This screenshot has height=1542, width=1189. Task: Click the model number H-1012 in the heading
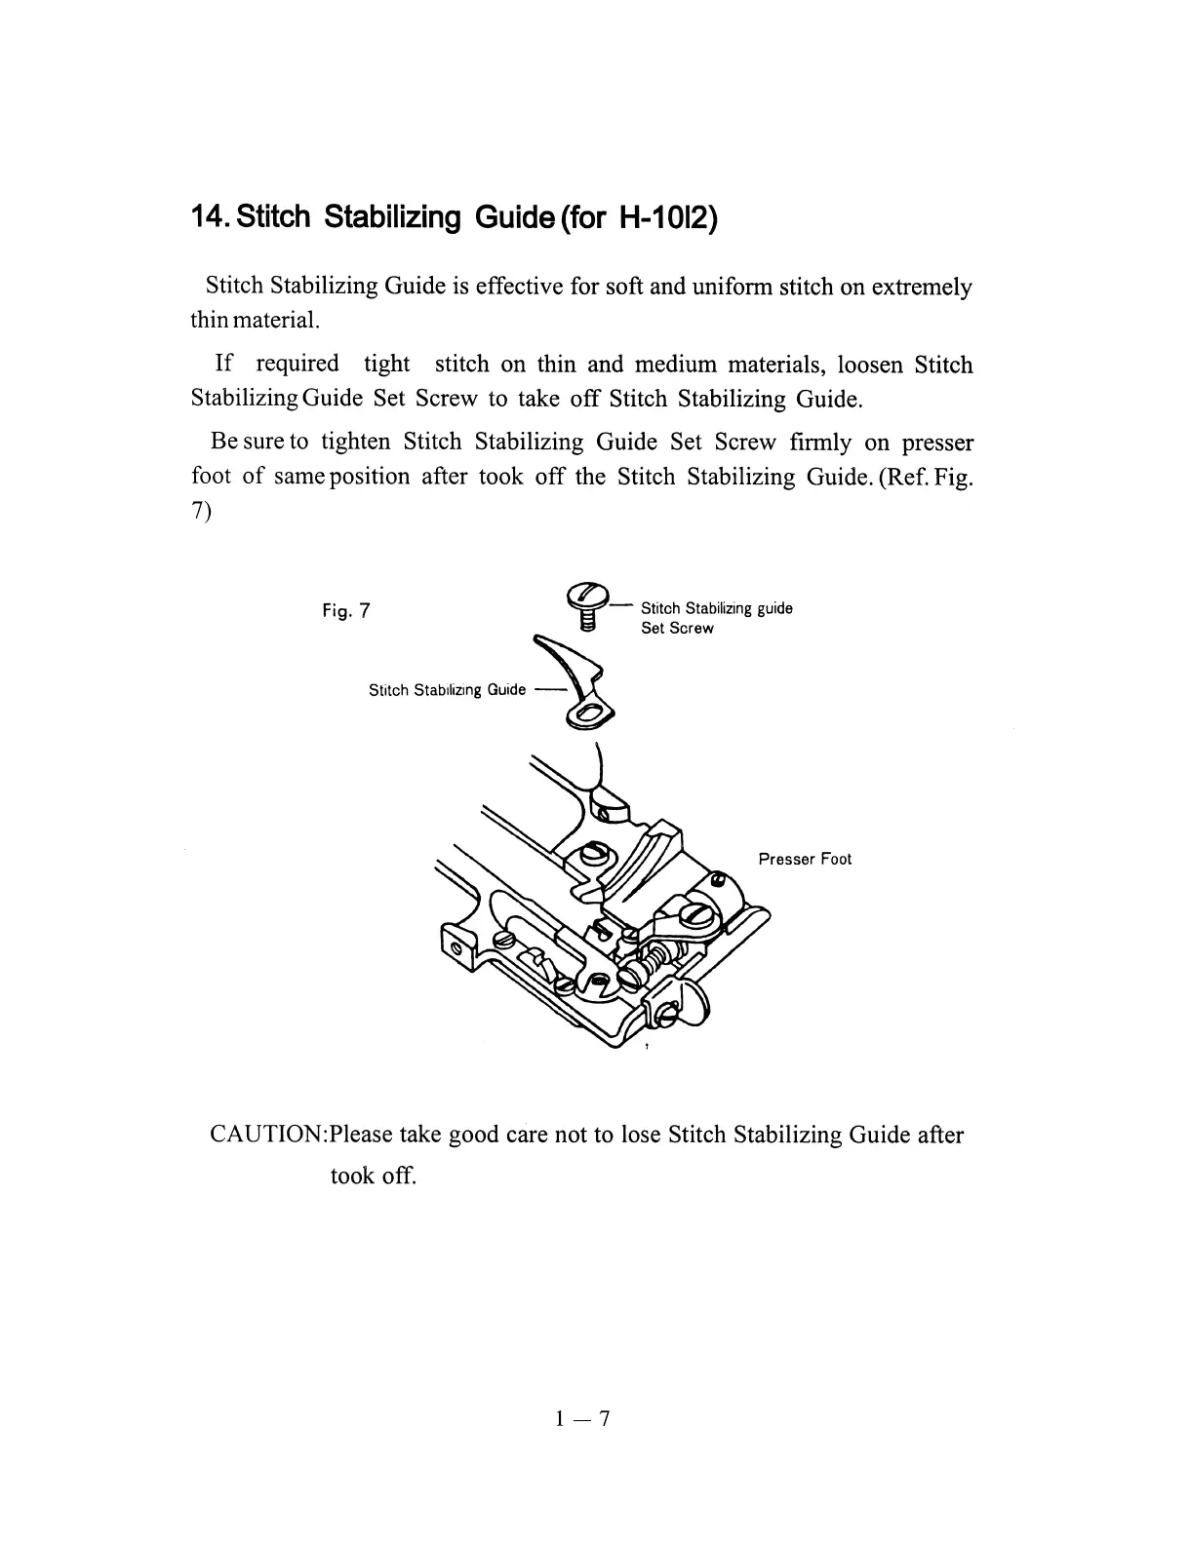coord(668,216)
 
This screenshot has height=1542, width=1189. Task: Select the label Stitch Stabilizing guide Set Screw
coord(716,618)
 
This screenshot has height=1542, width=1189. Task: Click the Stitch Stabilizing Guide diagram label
coord(447,690)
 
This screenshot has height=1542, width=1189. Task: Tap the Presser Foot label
coord(805,859)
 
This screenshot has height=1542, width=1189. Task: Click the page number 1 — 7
coord(581,1418)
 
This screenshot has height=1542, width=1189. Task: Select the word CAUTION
coord(268,1136)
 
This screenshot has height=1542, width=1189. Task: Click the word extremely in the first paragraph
coord(921,288)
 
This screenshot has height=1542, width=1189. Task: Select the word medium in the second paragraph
coord(673,366)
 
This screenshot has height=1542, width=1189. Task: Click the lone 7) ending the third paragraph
coord(202,513)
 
